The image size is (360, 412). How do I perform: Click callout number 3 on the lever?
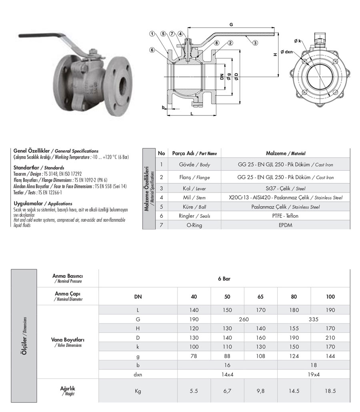(255, 43)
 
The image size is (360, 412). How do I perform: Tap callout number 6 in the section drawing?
(152, 50)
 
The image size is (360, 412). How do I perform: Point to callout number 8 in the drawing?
(216, 43)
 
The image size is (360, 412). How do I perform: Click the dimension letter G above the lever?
(231, 25)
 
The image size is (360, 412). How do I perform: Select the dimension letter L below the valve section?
(192, 114)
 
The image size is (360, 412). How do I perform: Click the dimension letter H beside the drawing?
(275, 54)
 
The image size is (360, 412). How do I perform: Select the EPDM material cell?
(286, 225)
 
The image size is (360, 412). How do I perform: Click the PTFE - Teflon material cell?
(286, 216)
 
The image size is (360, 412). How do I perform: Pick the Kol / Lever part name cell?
(194, 188)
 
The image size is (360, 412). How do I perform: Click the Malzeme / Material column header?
(286, 153)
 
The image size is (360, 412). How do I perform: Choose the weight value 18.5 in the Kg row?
(330, 391)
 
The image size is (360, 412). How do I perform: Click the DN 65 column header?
(260, 297)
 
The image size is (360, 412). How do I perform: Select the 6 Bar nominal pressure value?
(224, 279)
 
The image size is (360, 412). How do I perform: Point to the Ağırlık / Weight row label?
(68, 390)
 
